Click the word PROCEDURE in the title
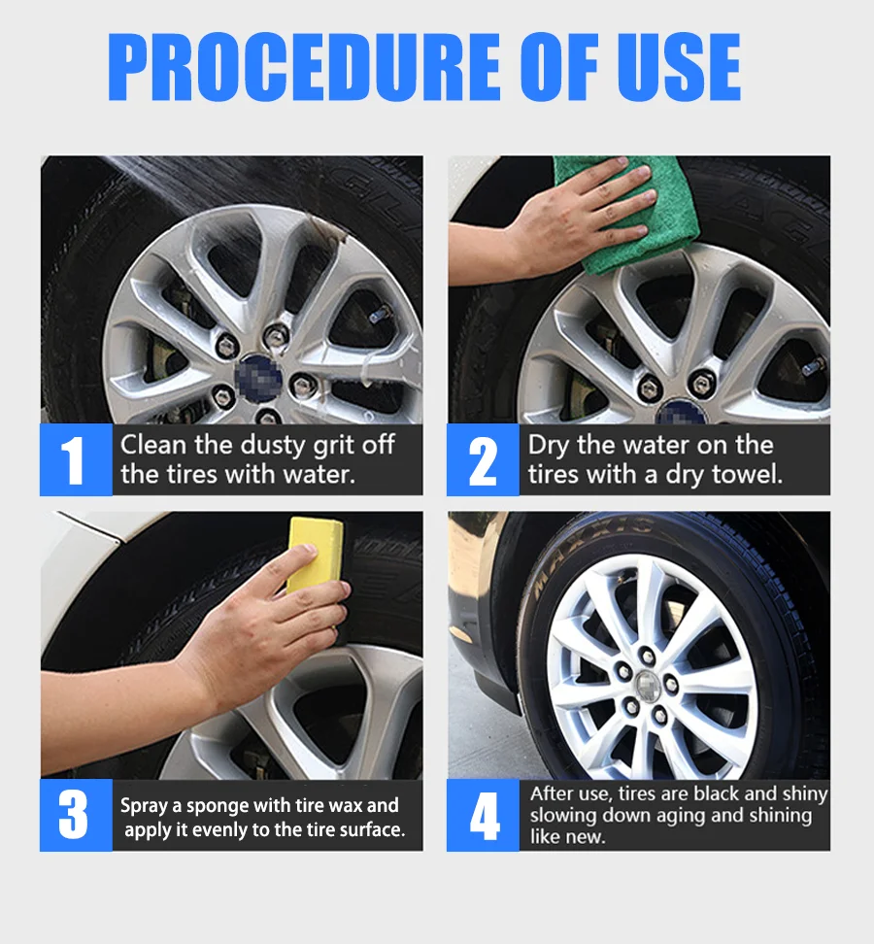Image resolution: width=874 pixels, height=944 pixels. [x=305, y=66]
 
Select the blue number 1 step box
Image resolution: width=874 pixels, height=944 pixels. [x=76, y=460]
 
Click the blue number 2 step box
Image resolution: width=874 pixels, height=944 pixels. [x=483, y=460]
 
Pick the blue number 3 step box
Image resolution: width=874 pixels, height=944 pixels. [x=76, y=815]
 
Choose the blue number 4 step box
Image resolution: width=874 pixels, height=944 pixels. [x=483, y=815]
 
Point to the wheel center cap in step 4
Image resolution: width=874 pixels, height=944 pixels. [x=647, y=686]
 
